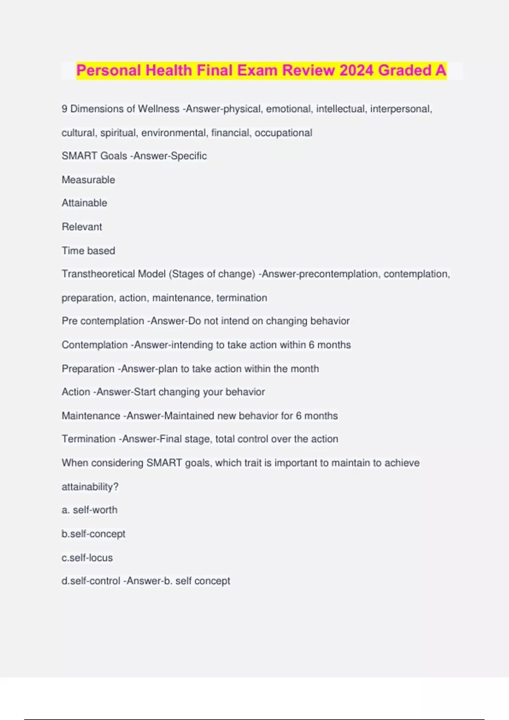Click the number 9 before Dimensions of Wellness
pyautogui.click(x=64, y=109)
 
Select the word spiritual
pyautogui.click(x=118, y=133)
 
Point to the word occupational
pyautogui.click(x=283, y=133)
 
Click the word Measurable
pyautogui.click(x=88, y=180)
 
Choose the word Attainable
pyautogui.click(x=84, y=203)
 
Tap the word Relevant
pyautogui.click(x=82, y=227)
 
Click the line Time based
pyautogui.click(x=88, y=251)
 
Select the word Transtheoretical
pyautogui.click(x=114, y=274)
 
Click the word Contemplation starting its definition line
pyautogui.click(x=95, y=345)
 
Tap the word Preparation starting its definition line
pyautogui.click(x=88, y=369)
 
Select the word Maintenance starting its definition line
pyautogui.click(x=91, y=416)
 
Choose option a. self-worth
pyautogui.click(x=89, y=510)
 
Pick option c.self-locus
pyautogui.click(x=87, y=558)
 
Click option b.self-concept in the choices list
pyautogui.click(x=93, y=534)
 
